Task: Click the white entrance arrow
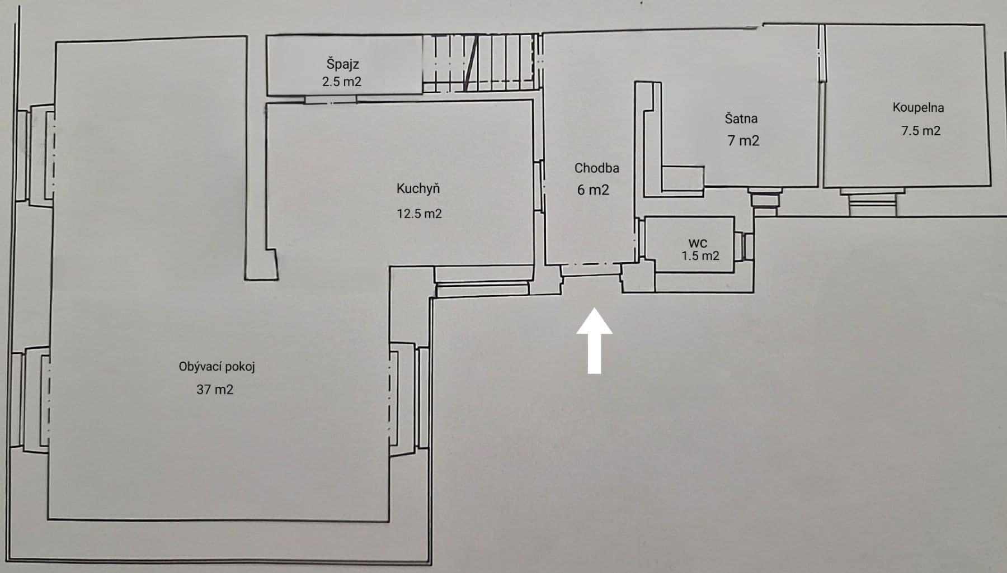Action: [x=595, y=341]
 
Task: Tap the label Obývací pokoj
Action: [x=217, y=367]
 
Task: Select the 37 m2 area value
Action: [x=214, y=390]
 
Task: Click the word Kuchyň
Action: [x=418, y=188]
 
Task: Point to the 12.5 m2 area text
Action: [x=419, y=214]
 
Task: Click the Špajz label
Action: [x=342, y=64]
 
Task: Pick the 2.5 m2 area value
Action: [x=341, y=82]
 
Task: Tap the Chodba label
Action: [x=596, y=168]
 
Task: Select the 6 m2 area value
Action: [x=593, y=190]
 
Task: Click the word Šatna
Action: [x=741, y=119]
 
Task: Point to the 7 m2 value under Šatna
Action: [x=743, y=141]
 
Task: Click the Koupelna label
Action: [x=917, y=107]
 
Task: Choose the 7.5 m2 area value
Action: [x=920, y=131]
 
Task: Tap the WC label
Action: [x=697, y=243]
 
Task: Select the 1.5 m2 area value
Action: [x=700, y=256]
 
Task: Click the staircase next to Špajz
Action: [x=481, y=63]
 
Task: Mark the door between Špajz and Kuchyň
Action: [x=331, y=100]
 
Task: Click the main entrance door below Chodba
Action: [x=591, y=269]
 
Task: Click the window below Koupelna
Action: [x=872, y=201]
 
